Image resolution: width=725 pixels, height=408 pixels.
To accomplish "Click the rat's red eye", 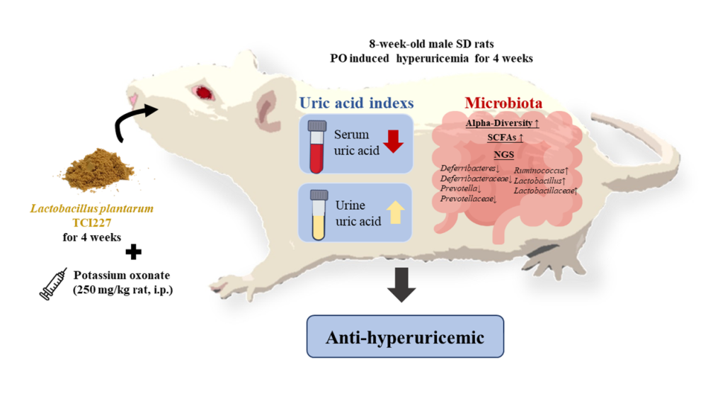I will pos(205,92).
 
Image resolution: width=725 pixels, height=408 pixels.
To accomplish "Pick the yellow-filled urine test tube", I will pos(316,213).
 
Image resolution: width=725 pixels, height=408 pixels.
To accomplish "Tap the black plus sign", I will pos(133,251).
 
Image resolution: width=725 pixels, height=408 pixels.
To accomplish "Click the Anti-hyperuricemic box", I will pos(405,337).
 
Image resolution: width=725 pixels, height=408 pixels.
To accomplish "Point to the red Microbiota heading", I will pos(503,103).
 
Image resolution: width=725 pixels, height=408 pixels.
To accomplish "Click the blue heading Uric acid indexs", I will pos(356,103).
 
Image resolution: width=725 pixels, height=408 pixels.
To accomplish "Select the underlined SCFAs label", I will pos(505,137).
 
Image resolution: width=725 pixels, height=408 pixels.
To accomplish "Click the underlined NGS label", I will pos(503,154).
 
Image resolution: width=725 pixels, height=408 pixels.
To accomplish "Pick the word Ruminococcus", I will pos(540,170).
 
